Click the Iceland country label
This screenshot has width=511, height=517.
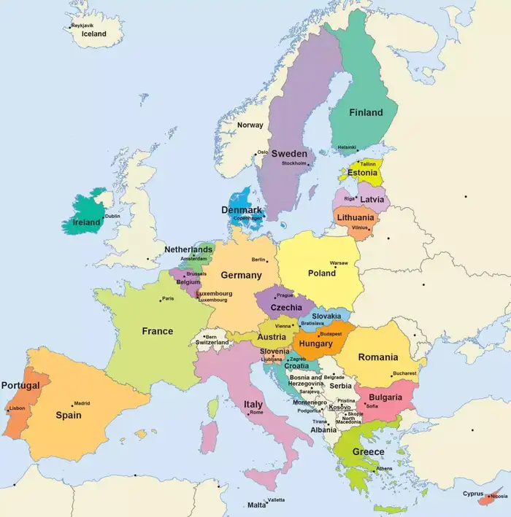[93, 34]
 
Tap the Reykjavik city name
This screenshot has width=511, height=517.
[83, 26]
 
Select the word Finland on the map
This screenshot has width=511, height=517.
[366, 112]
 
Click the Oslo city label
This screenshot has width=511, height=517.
[263, 152]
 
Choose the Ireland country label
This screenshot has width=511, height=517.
[86, 222]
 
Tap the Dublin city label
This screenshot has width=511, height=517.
[112, 216]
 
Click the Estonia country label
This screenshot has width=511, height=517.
[362, 173]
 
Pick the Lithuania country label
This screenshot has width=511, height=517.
[356, 217]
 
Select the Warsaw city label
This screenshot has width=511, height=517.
[339, 263]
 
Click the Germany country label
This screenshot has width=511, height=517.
[241, 275]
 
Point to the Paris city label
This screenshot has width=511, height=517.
[168, 298]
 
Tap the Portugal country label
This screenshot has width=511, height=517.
[20, 385]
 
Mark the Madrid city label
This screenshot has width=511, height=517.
[82, 403]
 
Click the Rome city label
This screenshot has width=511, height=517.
[256, 413]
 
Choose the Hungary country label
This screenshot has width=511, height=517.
[316, 343]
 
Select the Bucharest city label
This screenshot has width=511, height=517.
[404, 373]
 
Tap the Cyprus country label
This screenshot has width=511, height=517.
[473, 493]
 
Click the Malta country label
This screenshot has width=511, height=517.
[257, 505]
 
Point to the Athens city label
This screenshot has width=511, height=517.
[384, 468]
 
